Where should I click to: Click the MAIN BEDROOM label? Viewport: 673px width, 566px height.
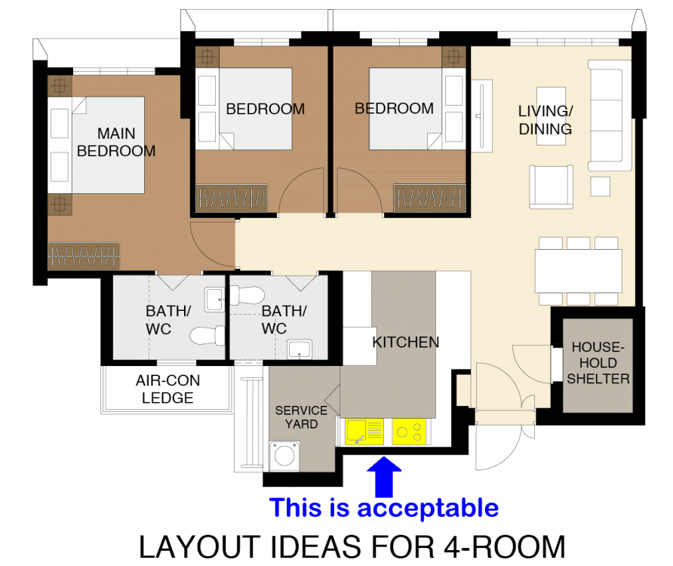pyautogui.click(x=116, y=142)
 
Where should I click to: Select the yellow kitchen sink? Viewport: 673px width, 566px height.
pyautogui.click(x=363, y=432)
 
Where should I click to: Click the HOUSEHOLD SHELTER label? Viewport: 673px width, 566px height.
pyautogui.click(x=598, y=363)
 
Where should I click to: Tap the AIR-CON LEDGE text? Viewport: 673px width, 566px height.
pyautogui.click(x=167, y=389)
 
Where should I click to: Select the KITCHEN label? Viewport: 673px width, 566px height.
pyautogui.click(x=405, y=342)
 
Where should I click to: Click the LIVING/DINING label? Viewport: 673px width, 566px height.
pyautogui.click(x=545, y=119)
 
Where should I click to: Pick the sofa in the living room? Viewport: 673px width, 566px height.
pyautogui.click(x=609, y=115)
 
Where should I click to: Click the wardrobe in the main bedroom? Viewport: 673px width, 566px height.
pyautogui.click(x=84, y=256)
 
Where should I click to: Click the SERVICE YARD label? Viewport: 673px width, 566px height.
pyautogui.click(x=301, y=417)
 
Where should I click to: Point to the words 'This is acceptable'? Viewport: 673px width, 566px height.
pyautogui.click(x=383, y=507)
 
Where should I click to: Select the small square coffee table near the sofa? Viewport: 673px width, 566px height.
pyautogui.click(x=601, y=186)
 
